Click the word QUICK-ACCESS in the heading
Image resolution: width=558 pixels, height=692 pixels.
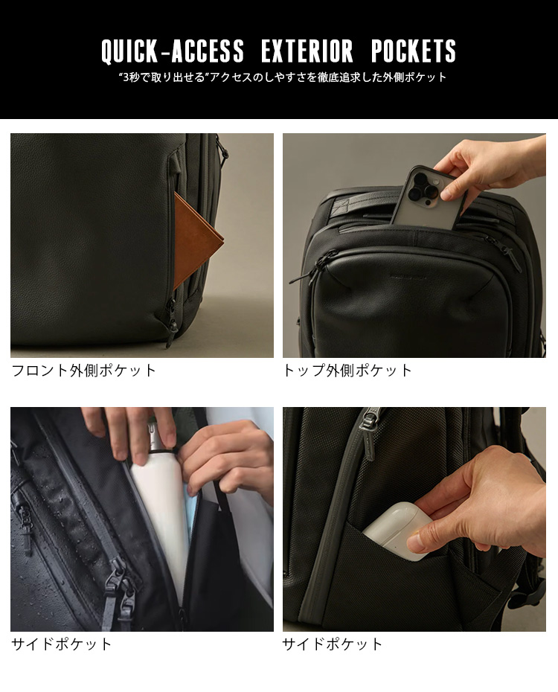pyautogui.click(x=173, y=51)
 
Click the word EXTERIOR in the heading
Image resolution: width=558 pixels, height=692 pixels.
pyautogui.click(x=307, y=51)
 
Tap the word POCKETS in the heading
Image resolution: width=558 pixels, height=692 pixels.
pyautogui.click(x=414, y=51)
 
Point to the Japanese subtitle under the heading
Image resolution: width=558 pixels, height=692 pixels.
pyautogui.click(x=283, y=77)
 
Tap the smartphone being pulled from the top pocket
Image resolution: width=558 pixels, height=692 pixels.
pyautogui.click(x=422, y=197)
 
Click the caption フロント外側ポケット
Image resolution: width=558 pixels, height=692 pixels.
pyautogui.click(x=84, y=370)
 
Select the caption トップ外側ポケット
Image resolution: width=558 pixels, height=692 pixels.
pyautogui.click(x=347, y=370)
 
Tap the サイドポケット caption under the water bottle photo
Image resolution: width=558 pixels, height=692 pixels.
pyautogui.click(x=62, y=644)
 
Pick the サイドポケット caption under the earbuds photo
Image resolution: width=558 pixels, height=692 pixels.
pyautogui.click(x=333, y=644)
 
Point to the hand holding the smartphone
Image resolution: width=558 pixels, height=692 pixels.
pyautogui.click(x=490, y=165)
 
